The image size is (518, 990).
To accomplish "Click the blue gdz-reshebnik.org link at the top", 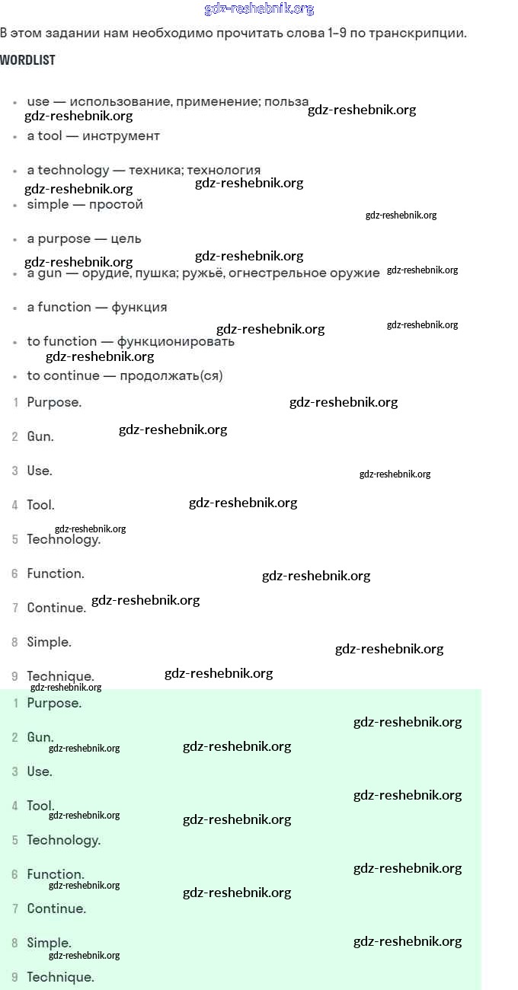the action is tap(259, 9).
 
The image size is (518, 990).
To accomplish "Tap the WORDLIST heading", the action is tap(27, 60).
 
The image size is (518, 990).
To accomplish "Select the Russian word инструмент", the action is tap(120, 136).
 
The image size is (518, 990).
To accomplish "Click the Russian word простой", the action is tap(116, 205).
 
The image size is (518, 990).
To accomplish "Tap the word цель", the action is tap(126, 239).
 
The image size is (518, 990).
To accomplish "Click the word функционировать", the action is tap(175, 342).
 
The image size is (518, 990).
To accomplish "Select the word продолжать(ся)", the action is tap(171, 375).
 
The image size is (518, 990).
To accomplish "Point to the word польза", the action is tap(286, 101).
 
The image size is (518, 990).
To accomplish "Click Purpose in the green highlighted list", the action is tap(54, 703).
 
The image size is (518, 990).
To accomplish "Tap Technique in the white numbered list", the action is tap(60, 676).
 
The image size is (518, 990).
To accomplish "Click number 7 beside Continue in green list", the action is tap(15, 909).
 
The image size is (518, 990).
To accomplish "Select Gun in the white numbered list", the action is tap(40, 436).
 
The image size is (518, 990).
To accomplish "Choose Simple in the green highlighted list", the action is tap(49, 943).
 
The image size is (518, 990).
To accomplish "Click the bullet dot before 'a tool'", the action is tap(15, 137).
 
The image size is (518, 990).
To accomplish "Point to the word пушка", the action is tap(156, 273).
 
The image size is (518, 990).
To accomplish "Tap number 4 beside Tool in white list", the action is tap(15, 505).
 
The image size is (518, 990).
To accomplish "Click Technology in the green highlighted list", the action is tap(64, 840).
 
